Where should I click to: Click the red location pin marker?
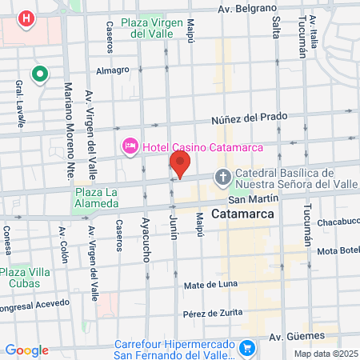180,165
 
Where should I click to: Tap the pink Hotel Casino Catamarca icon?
130,146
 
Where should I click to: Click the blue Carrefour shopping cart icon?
248,348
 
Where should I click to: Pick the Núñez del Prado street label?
249,117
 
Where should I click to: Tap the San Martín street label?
253,198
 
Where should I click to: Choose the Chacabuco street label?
338,222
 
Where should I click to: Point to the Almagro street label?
112,70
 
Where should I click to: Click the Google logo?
26,350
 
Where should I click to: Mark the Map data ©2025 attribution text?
325,354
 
